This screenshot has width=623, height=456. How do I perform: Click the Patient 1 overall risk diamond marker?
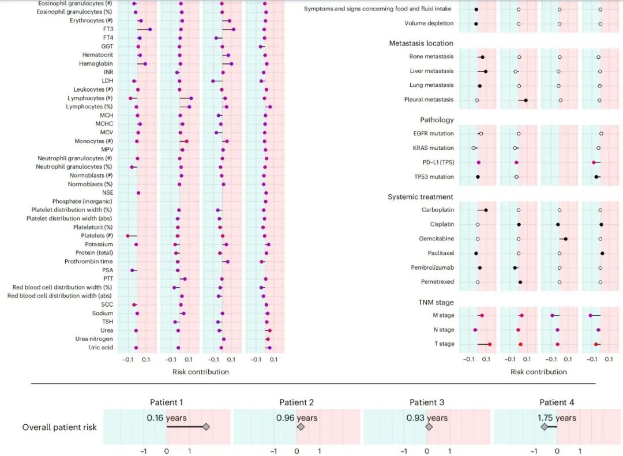[x=206, y=427]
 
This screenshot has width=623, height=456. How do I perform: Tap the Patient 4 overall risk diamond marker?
[x=544, y=427]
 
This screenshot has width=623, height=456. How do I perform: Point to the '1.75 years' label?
[x=557, y=417]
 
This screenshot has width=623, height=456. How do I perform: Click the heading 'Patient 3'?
[x=427, y=402]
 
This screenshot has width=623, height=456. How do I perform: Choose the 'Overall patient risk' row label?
[x=59, y=427]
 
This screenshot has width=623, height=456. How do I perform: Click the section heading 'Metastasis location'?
[x=421, y=43]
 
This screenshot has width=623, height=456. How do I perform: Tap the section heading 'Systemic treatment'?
[x=421, y=197]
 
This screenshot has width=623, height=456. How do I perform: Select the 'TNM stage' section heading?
[x=436, y=302]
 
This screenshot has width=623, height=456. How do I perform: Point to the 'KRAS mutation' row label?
[x=433, y=148]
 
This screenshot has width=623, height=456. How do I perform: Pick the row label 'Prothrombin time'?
[x=89, y=262]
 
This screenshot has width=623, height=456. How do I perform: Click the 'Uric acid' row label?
[x=100, y=348]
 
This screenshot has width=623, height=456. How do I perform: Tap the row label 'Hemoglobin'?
[x=96, y=63]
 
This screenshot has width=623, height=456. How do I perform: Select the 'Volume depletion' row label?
[x=429, y=24]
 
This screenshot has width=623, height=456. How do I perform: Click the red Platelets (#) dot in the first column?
[x=128, y=236]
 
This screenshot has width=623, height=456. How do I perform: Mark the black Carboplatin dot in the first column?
[x=486, y=210]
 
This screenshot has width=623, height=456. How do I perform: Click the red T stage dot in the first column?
[x=490, y=344]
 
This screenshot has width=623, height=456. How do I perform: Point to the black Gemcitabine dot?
[x=565, y=239]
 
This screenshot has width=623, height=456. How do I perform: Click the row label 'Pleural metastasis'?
[x=429, y=100]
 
